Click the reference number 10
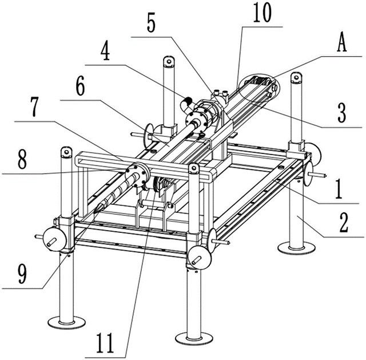point(262,13)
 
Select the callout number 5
point(151,23)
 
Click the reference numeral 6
point(80,87)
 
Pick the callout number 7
point(34,108)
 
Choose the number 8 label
point(22,160)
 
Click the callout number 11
point(105,343)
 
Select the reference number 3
point(342,114)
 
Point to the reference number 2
point(344,224)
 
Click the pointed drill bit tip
point(96,211)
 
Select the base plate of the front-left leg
point(66,323)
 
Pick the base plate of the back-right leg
point(296,248)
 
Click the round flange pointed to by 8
point(137,175)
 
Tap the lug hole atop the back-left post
point(169,61)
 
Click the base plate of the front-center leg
point(194,338)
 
